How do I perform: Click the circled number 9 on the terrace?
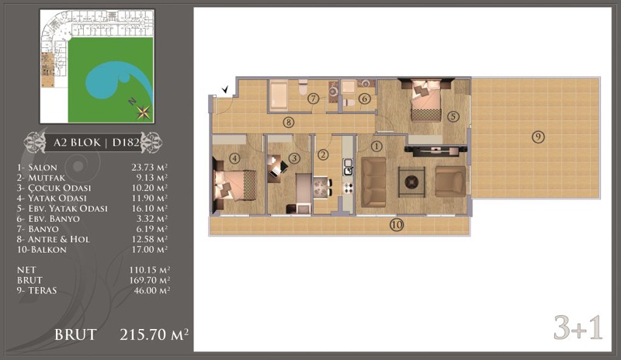click(x=538, y=137)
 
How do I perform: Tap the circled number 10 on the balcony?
click(x=397, y=225)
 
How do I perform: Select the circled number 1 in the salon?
click(x=376, y=147)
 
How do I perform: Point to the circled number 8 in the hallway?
click(x=288, y=123)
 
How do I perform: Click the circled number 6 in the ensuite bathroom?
click(x=364, y=99)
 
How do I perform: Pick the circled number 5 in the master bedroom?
click(x=453, y=116)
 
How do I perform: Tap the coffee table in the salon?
click(x=411, y=182)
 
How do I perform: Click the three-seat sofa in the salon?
click(x=373, y=182)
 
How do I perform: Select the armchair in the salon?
click(x=450, y=182)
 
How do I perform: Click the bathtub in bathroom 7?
click(x=279, y=95)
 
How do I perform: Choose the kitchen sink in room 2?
click(x=348, y=167)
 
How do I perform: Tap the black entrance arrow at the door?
click(x=226, y=90)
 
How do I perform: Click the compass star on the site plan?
click(x=143, y=112)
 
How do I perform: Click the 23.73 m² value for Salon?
click(x=149, y=168)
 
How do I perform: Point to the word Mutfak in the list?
click(x=47, y=178)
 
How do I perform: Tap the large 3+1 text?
click(x=578, y=327)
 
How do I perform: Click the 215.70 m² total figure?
click(x=154, y=334)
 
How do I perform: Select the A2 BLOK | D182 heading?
click(x=98, y=142)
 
